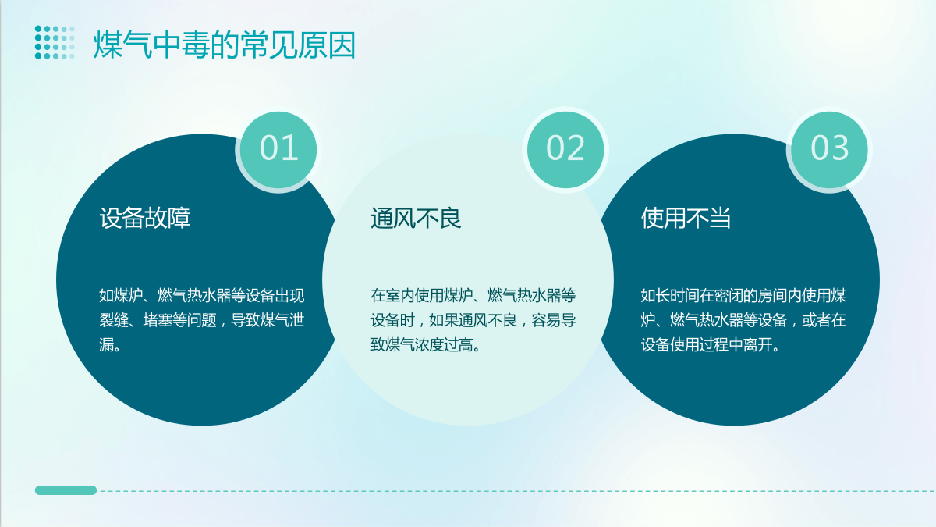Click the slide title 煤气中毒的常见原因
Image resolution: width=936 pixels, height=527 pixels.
click(x=225, y=44)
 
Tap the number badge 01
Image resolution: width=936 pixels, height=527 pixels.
click(x=278, y=150)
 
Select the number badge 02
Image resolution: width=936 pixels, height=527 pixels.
click(x=565, y=150)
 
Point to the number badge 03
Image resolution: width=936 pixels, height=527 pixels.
click(x=829, y=150)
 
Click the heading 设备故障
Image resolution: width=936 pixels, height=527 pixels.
click(x=144, y=218)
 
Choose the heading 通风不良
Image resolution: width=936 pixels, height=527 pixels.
click(x=416, y=218)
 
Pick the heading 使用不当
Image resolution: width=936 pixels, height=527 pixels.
click(x=686, y=218)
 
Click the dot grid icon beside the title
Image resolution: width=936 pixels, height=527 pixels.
click(x=55, y=42)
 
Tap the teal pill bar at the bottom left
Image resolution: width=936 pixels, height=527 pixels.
click(x=66, y=490)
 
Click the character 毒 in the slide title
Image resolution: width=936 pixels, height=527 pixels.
click(x=195, y=44)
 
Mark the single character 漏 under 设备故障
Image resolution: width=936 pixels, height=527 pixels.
click(x=107, y=345)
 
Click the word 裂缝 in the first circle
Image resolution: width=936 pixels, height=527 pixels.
click(x=114, y=320)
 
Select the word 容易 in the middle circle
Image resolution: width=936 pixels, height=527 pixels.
click(x=546, y=320)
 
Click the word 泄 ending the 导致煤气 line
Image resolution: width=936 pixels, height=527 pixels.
click(x=296, y=320)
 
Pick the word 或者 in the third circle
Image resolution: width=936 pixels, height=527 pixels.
click(x=816, y=320)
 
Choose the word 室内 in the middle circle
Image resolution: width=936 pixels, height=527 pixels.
click(x=400, y=296)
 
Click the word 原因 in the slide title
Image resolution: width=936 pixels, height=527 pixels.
click(x=326, y=44)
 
